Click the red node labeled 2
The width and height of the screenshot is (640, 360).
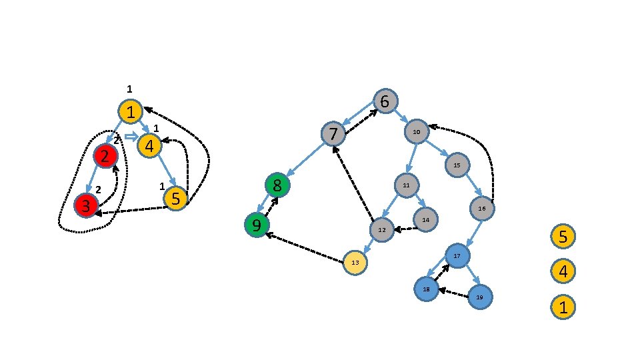[x=105, y=157]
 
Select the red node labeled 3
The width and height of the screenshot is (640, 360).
[x=86, y=205]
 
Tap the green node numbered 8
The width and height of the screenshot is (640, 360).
[x=277, y=185]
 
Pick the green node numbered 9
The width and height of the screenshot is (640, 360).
[x=257, y=225]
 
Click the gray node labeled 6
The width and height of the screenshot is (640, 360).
[x=385, y=101]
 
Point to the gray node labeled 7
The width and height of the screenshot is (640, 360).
[x=333, y=134]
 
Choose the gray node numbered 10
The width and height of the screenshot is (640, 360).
[x=416, y=132]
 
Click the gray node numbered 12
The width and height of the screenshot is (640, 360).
[x=381, y=229]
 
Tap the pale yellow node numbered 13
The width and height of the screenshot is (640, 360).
[x=355, y=263]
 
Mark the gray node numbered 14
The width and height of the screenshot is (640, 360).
[x=425, y=219]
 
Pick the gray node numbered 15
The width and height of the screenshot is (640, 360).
[x=457, y=165]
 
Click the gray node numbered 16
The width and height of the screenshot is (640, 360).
[x=482, y=209]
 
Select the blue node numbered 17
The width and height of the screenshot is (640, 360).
[x=458, y=256]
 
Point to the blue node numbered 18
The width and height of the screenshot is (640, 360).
[x=425, y=289]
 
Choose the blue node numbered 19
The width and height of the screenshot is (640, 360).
[x=479, y=297]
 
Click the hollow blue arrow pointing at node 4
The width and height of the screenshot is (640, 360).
[x=131, y=137]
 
